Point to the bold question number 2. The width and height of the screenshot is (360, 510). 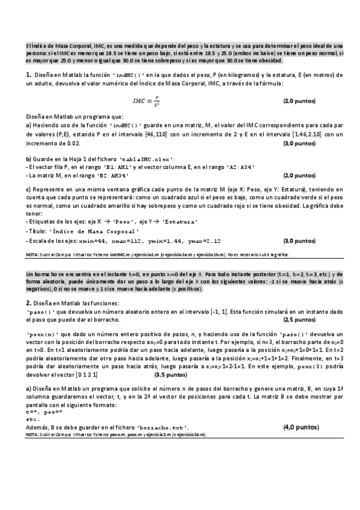tap(28, 303)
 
